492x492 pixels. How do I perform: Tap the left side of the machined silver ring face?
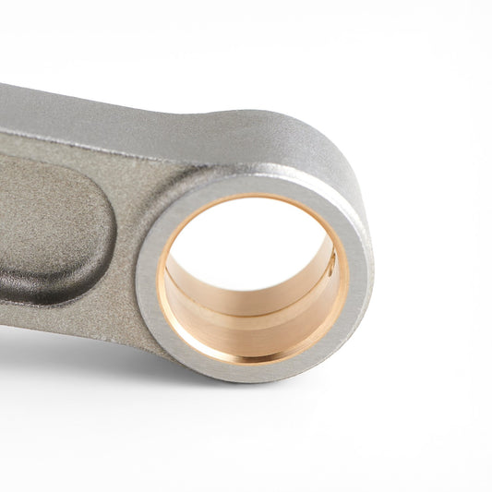pos(149,277)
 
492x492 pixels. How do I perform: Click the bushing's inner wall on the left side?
pos(174,286)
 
